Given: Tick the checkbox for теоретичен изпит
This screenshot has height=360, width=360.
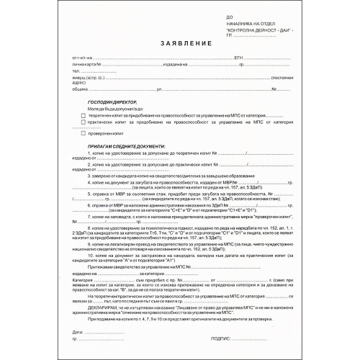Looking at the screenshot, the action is click(83, 114).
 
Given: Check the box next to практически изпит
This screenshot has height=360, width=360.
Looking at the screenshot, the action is click(83, 122).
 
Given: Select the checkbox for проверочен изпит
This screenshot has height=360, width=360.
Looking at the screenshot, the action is click(83, 133).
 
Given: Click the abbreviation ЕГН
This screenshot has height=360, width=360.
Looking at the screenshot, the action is click(238, 56).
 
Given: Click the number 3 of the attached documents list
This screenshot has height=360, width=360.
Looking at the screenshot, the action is click(89, 174).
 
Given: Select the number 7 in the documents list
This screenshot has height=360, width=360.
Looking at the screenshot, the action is click(89, 215).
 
